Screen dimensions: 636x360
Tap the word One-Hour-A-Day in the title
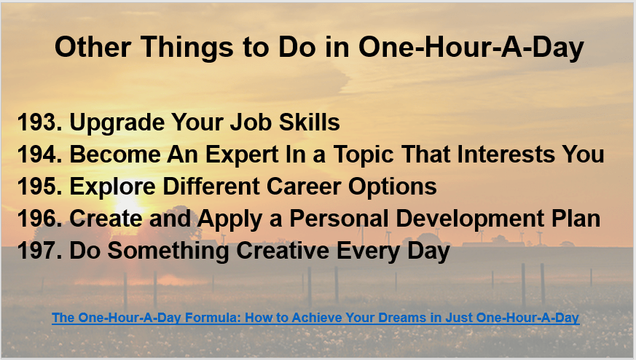[x=471, y=47]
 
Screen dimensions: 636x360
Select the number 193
[x=40, y=122]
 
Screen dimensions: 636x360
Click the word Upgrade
[x=117, y=123]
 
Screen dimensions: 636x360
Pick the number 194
[x=40, y=154]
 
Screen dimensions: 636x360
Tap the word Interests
[x=506, y=154]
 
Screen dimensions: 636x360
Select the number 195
[x=40, y=187]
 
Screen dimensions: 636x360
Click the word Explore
[x=112, y=187]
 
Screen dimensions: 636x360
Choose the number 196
[x=40, y=219]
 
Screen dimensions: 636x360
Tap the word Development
[x=470, y=219]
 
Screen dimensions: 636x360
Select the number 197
[x=40, y=251]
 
